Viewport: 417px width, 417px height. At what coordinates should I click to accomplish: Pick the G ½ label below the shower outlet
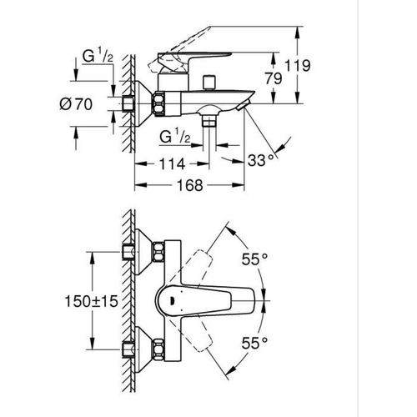[x=178, y=138]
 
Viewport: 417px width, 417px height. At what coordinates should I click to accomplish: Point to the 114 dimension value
[x=168, y=164]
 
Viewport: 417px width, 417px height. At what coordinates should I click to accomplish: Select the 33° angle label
[x=259, y=158]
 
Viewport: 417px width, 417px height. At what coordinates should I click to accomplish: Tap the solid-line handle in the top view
[x=217, y=300]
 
